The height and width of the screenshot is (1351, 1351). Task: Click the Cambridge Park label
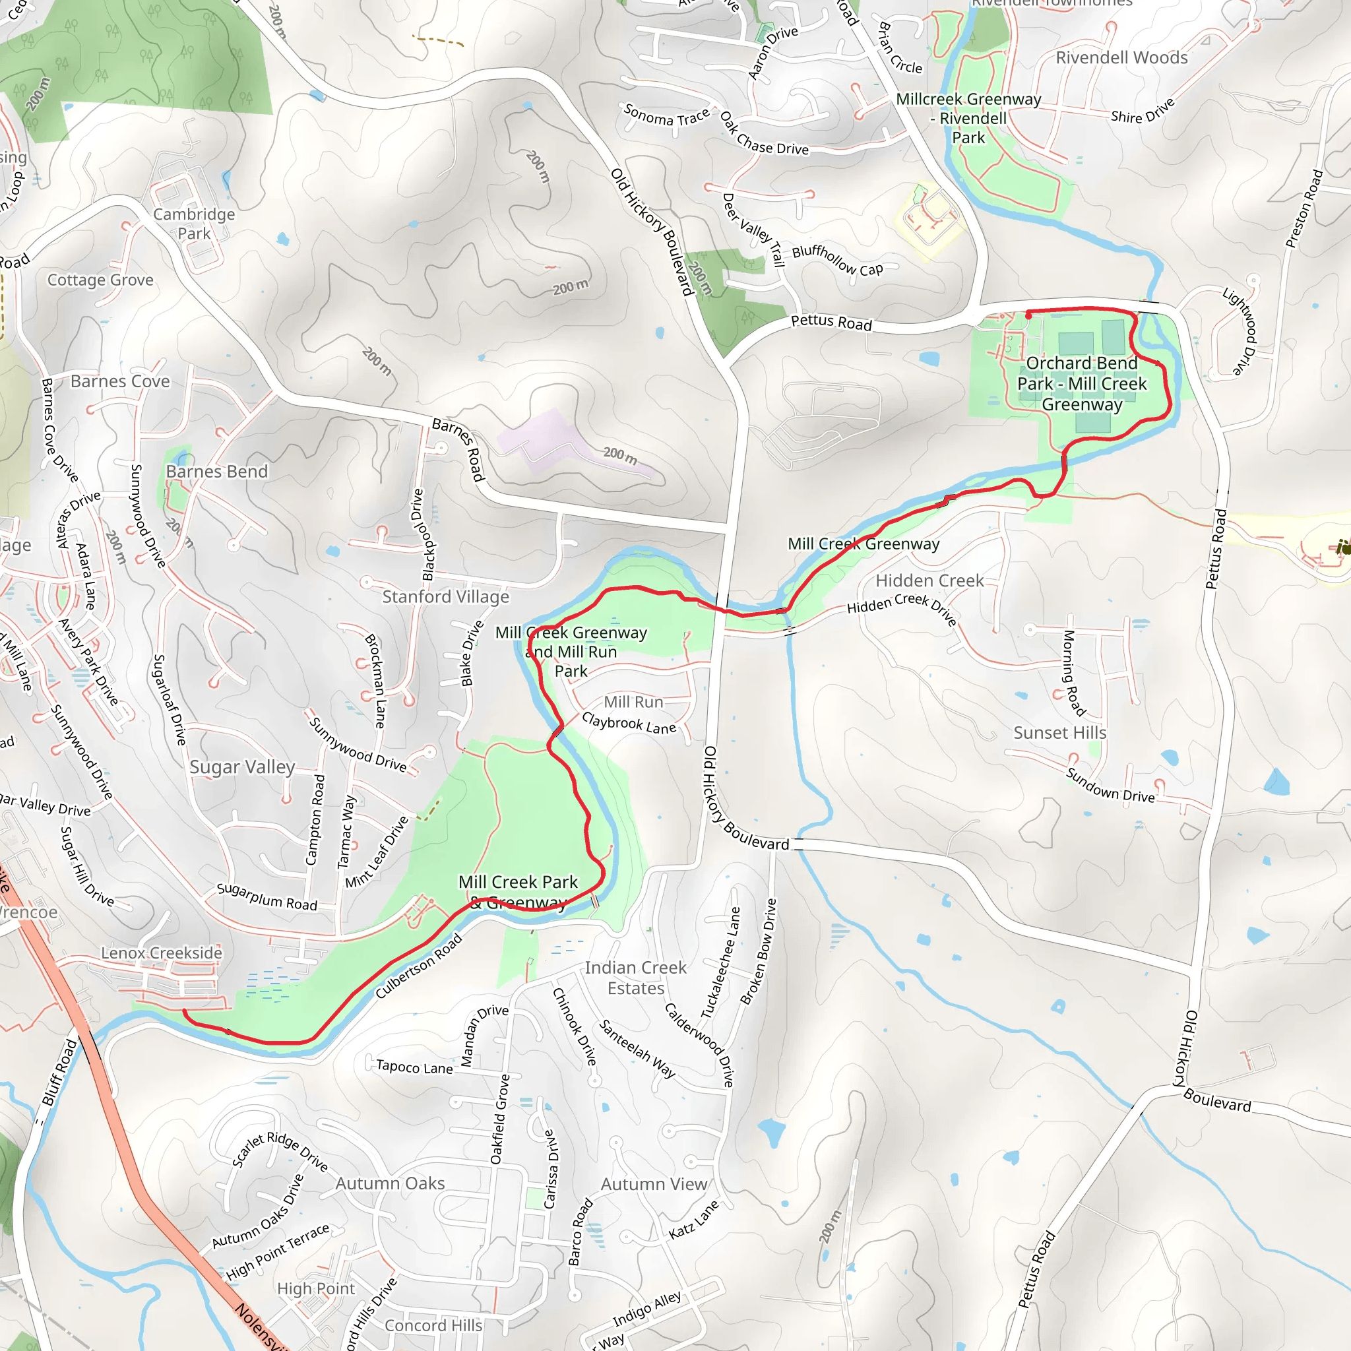click(x=194, y=224)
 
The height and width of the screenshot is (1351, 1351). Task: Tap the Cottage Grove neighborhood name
click(x=100, y=280)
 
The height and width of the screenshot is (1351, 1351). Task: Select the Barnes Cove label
click(x=119, y=381)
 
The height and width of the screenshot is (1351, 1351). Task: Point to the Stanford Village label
click(x=445, y=596)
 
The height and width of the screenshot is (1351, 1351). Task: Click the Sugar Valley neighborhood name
click(x=242, y=767)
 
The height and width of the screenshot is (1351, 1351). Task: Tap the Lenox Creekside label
click(x=162, y=953)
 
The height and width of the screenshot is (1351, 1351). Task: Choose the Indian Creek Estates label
click(x=635, y=978)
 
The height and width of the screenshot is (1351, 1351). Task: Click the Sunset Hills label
click(x=1059, y=732)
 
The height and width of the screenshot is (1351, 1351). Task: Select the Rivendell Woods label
click(x=1121, y=57)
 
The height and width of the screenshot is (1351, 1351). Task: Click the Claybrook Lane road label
click(x=629, y=723)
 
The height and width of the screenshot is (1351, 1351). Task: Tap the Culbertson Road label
click(x=418, y=966)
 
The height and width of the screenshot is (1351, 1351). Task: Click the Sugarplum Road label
click(x=267, y=896)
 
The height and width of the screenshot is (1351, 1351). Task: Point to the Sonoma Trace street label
click(x=666, y=115)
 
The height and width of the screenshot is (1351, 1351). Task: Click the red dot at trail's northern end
click(x=1028, y=316)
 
